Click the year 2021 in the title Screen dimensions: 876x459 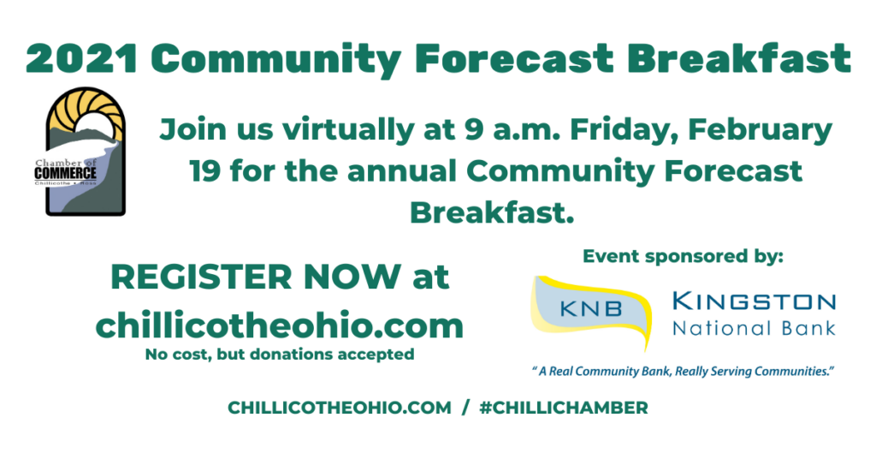pos(82,59)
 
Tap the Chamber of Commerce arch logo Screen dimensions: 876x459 pos(86,151)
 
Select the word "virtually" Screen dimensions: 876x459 pos(347,129)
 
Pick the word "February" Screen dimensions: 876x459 pos(760,129)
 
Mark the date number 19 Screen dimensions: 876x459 pos(204,171)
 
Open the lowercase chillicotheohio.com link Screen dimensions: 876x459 pos(280,325)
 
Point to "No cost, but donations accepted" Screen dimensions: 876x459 pos(280,355)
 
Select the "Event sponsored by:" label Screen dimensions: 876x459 pos(683,256)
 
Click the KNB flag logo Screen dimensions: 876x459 pos(592,311)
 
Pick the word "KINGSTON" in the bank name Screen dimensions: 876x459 pos(754,301)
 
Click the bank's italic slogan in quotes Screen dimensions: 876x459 pos(683,372)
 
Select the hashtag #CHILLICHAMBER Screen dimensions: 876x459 pos(564,408)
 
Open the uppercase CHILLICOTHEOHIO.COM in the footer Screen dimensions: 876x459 pos(339,408)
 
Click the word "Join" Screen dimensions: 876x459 pos(192,129)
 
